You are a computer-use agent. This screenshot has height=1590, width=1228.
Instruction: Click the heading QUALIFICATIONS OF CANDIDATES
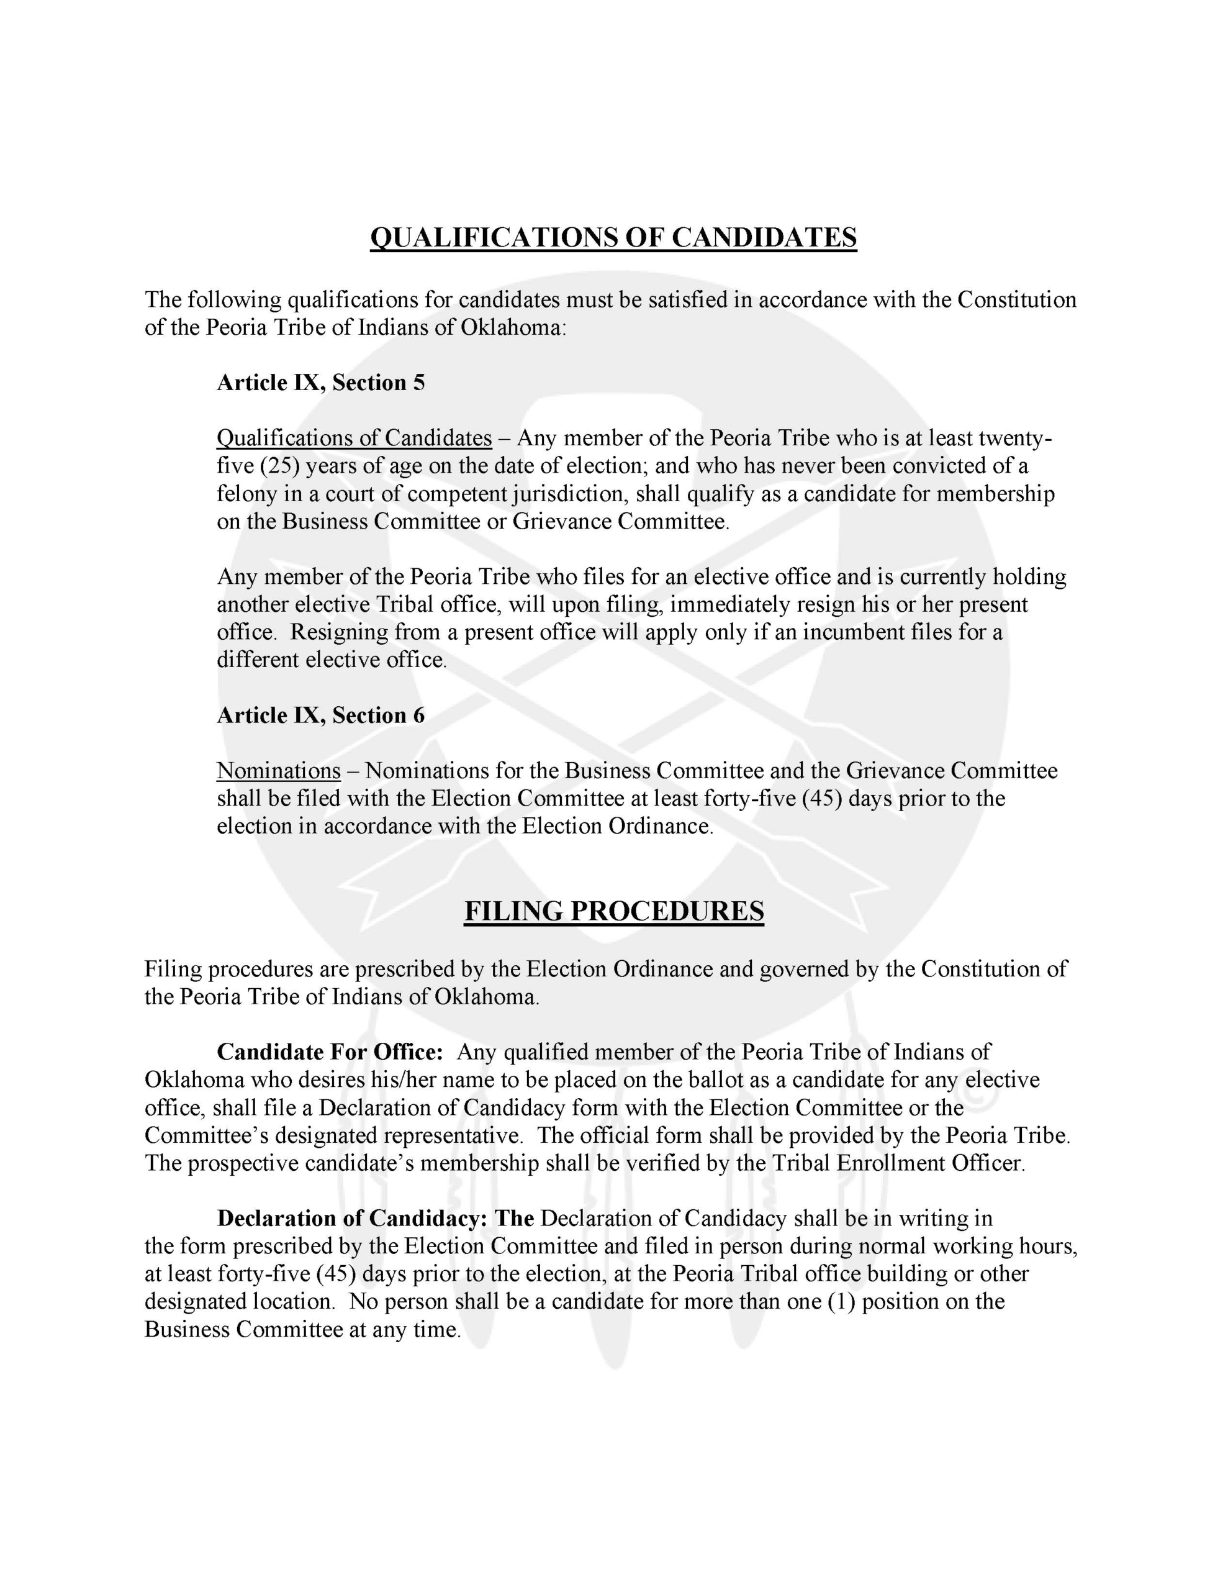click(x=613, y=237)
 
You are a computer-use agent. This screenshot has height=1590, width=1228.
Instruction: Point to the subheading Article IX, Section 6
click(x=320, y=715)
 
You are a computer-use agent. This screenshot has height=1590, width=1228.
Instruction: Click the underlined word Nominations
click(x=278, y=770)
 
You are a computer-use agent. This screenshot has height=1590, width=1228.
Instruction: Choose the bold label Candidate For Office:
click(x=330, y=1052)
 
